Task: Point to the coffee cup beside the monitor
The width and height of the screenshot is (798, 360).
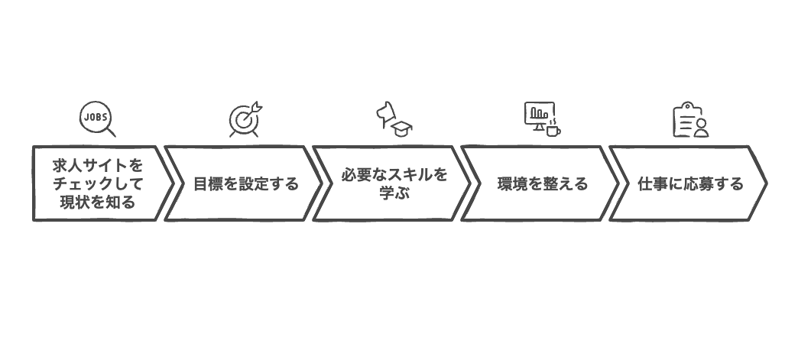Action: click(553, 128)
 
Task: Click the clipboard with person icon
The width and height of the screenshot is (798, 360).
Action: click(690, 120)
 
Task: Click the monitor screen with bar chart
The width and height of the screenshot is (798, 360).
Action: click(539, 114)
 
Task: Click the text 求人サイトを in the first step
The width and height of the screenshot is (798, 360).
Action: click(98, 165)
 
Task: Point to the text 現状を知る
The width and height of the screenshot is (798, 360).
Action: click(98, 203)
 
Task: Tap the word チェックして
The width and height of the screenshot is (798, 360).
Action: click(98, 183)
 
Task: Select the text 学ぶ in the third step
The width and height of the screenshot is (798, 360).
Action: click(394, 193)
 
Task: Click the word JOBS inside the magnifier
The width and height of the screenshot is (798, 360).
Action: click(95, 115)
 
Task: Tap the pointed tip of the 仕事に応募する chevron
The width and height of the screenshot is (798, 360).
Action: click(765, 183)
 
